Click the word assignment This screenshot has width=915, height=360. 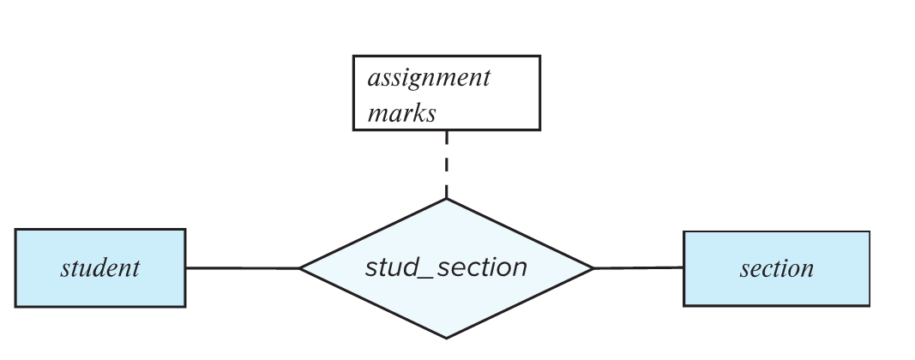click(x=429, y=78)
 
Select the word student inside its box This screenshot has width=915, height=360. click(x=99, y=268)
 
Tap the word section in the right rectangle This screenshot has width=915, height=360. click(x=776, y=268)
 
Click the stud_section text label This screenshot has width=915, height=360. click(x=446, y=267)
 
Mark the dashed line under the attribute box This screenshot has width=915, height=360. click(x=446, y=163)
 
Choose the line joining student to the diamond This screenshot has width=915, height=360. click(x=242, y=268)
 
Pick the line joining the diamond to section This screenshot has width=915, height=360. click(x=639, y=268)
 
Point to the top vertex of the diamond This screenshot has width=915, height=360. click(x=446, y=200)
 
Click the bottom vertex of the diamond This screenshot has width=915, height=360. click(x=446, y=338)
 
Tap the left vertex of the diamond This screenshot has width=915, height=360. click(x=299, y=268)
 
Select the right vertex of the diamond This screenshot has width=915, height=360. click(x=593, y=268)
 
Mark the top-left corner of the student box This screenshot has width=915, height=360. click(x=15, y=230)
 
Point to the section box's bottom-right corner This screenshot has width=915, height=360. click(x=869, y=305)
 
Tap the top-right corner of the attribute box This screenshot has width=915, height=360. click(x=539, y=57)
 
